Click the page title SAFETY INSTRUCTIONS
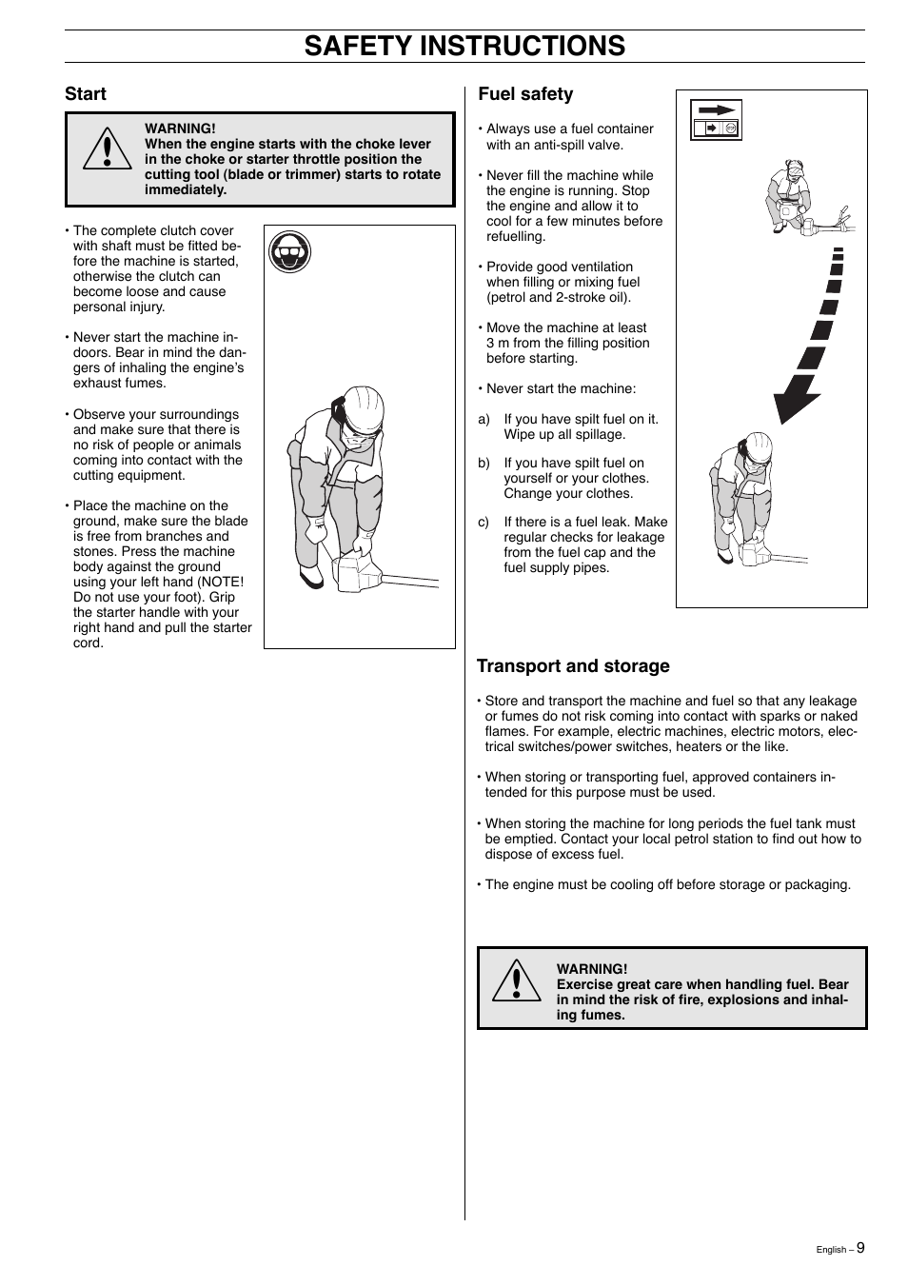pyautogui.click(x=464, y=46)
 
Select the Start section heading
pyautogui.click(x=86, y=93)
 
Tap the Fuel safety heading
pyautogui.click(x=525, y=93)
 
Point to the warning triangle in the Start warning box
pyautogui.click(x=108, y=149)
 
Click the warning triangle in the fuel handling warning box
pyautogui.click(x=517, y=981)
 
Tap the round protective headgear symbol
pyautogui.click(x=289, y=252)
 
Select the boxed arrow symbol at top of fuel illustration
pyautogui.click(x=716, y=120)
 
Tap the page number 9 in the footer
pyautogui.click(x=860, y=1248)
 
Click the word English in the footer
pyautogui.click(x=831, y=1250)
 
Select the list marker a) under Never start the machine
pyautogui.click(x=484, y=419)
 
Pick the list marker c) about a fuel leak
pyautogui.click(x=484, y=522)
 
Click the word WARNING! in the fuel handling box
pyautogui.click(x=592, y=969)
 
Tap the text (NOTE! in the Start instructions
pyautogui.click(x=221, y=582)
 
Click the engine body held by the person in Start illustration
pyautogui.click(x=357, y=572)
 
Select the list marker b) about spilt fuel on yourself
pyautogui.click(x=484, y=463)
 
